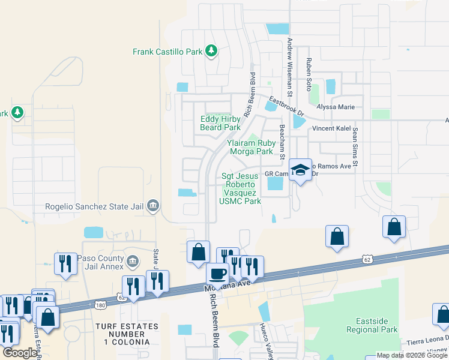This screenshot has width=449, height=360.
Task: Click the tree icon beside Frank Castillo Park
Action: pos(211,51)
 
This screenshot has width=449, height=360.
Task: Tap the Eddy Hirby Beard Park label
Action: pos(220,123)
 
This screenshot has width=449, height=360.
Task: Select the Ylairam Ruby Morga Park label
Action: pos(250,147)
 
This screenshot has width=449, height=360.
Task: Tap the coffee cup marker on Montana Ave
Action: pos(217,273)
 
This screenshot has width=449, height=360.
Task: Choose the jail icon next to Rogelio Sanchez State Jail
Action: pos(152,206)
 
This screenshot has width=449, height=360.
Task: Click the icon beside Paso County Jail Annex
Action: pos(133,262)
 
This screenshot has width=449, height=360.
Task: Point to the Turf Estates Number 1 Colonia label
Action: pos(126,334)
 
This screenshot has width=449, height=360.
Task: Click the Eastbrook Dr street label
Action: pos(286,107)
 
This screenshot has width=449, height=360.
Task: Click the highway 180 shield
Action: pos(101,305)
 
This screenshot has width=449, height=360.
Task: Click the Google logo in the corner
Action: pos(20,353)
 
